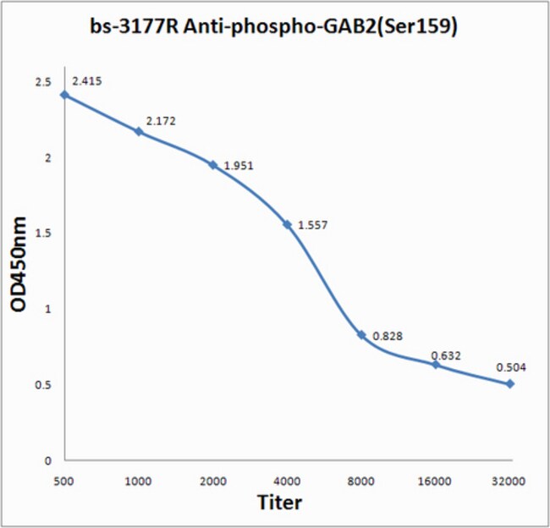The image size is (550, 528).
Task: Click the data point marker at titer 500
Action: [64, 95]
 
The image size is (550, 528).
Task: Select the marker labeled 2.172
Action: [139, 131]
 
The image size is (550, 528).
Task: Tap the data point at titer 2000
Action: [213, 165]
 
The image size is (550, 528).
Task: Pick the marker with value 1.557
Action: [288, 224]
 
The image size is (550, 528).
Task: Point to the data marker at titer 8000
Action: [361, 335]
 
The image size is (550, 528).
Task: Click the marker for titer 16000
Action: [436, 365]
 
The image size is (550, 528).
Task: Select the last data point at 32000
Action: [510, 384]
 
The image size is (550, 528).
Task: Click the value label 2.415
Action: [87, 82]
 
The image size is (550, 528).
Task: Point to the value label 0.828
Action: [386, 336]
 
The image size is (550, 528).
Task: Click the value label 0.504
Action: [510, 369]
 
